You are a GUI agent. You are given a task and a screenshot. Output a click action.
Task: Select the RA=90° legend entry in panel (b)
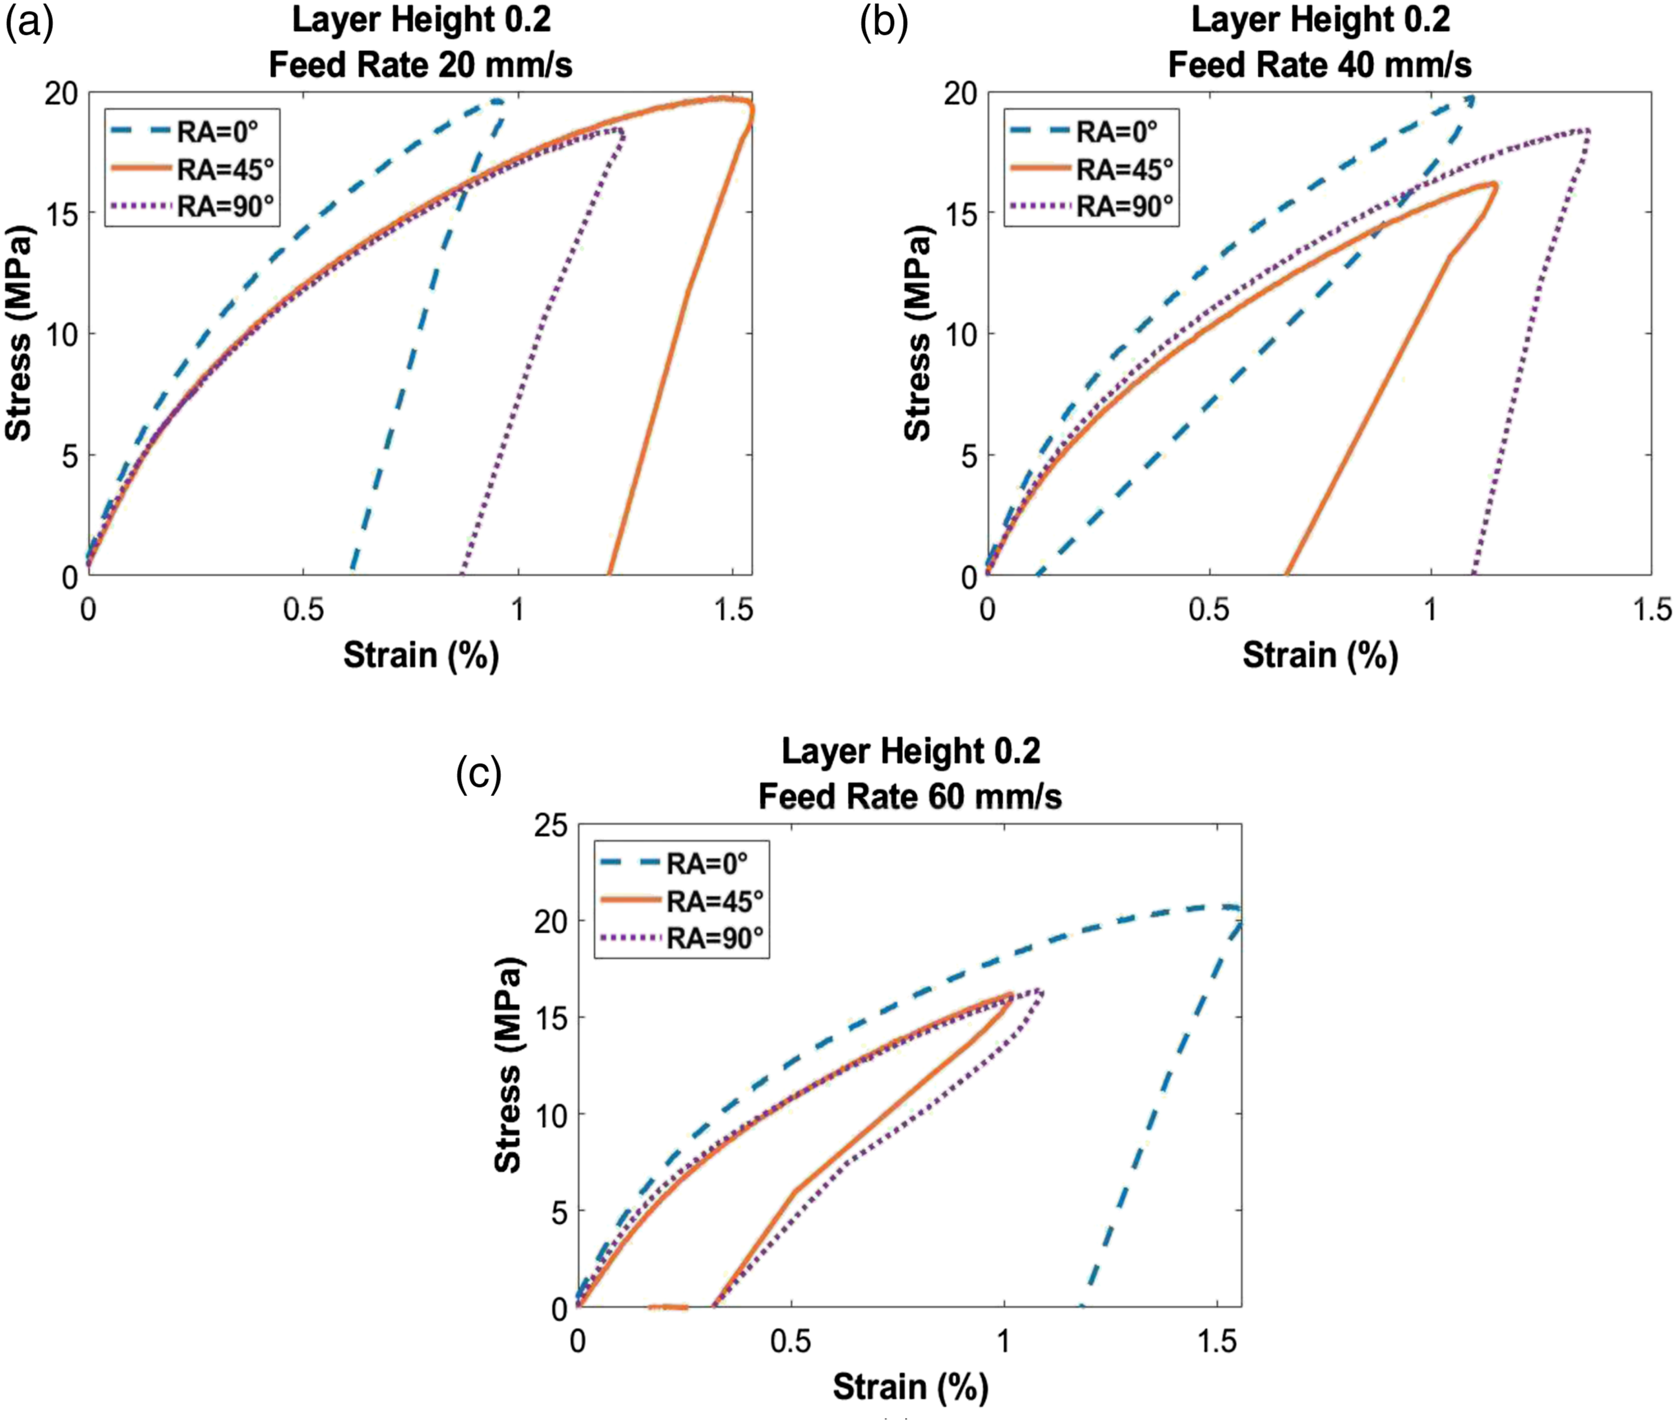pyautogui.click(x=1092, y=207)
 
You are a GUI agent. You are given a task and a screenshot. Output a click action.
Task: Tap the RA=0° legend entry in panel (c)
pyautogui.click(x=673, y=863)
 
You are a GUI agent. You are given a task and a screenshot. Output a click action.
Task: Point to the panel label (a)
pyautogui.click(x=29, y=24)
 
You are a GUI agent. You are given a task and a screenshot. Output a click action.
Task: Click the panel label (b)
pyautogui.click(x=884, y=24)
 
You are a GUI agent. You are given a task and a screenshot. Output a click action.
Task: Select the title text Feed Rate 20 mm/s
pyautogui.click(x=420, y=65)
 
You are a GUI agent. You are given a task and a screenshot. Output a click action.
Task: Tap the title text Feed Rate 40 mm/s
pyautogui.click(x=1319, y=65)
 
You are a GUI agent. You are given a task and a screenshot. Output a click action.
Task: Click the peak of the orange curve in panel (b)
pyautogui.click(x=1494, y=184)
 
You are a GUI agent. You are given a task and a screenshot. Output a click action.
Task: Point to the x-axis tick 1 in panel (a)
pyautogui.click(x=517, y=610)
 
